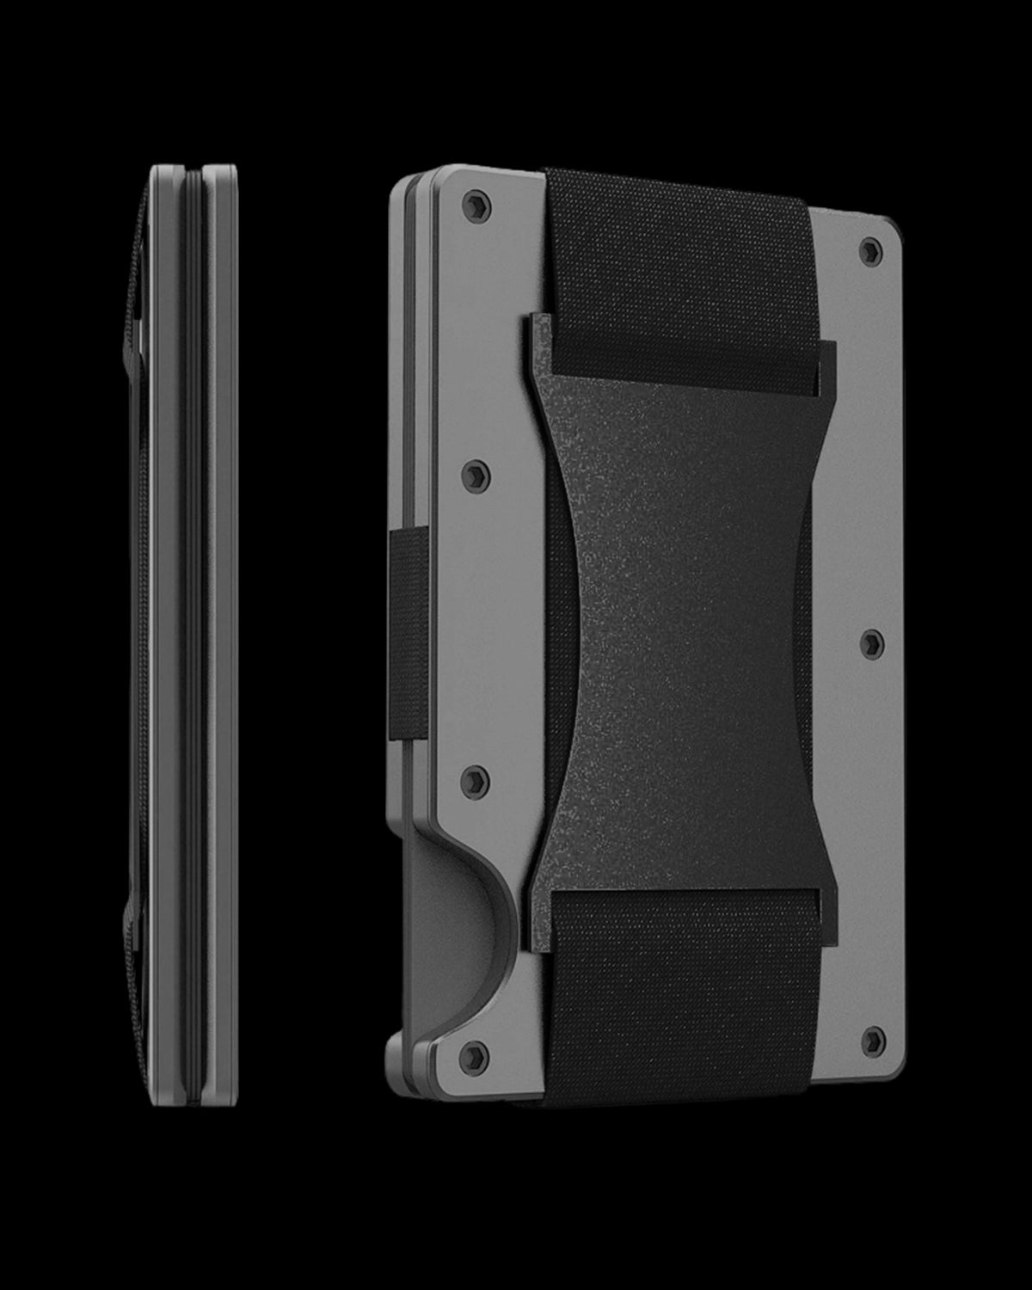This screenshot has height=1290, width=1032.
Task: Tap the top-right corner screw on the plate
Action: (x=870, y=250)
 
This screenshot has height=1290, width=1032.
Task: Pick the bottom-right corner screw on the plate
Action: (x=872, y=1037)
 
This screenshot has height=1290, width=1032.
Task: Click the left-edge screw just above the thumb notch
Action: (x=479, y=780)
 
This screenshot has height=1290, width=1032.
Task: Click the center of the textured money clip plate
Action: (x=679, y=636)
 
